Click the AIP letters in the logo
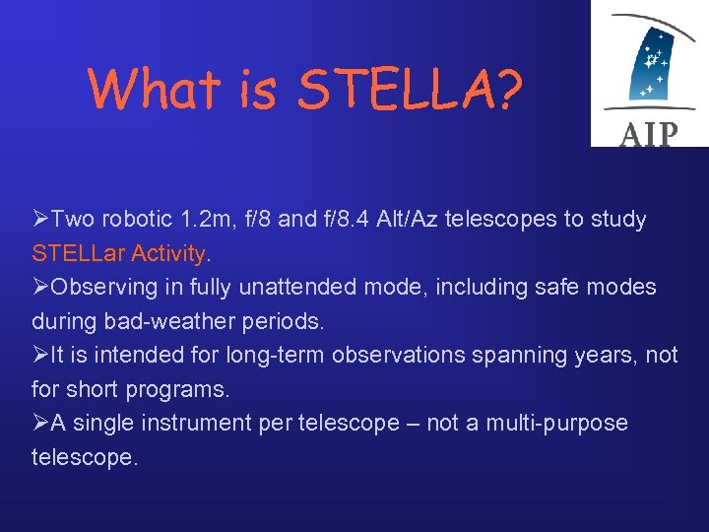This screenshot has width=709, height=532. click(649, 133)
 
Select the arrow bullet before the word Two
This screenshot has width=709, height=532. click(40, 219)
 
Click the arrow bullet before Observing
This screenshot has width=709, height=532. click(40, 288)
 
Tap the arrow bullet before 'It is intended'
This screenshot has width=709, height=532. click(40, 356)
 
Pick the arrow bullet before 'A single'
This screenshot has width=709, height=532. click(40, 424)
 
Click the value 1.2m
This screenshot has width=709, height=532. click(200, 219)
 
